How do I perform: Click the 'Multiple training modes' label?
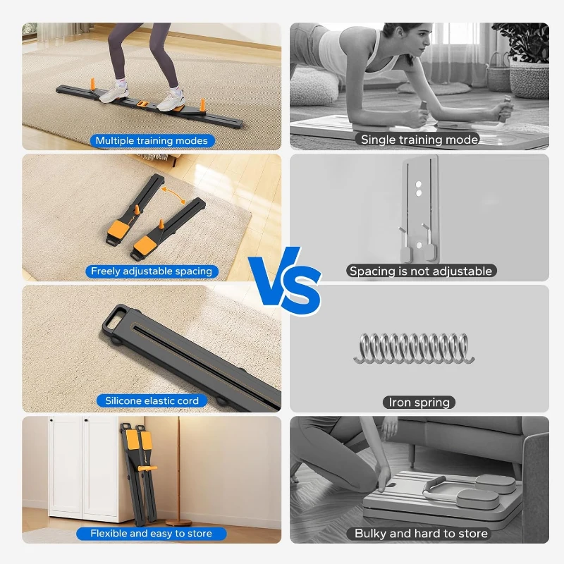click(152, 140)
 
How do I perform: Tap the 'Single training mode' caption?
click(419, 140)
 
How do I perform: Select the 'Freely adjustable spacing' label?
click(152, 271)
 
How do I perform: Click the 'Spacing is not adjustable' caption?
click(421, 271)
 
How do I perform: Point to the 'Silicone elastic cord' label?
click(152, 400)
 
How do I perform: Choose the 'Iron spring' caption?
click(419, 403)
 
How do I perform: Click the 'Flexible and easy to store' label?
click(152, 534)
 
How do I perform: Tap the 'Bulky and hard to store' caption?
click(421, 534)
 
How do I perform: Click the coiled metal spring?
click(414, 348)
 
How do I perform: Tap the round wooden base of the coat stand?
click(182, 522)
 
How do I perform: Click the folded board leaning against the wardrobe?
click(140, 472)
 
